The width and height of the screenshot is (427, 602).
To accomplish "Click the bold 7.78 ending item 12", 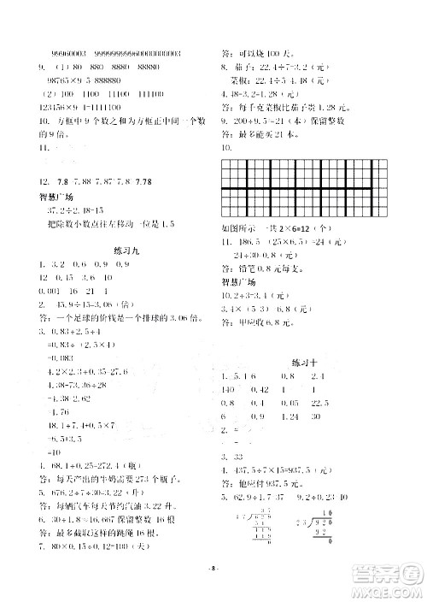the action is pyautogui.click(x=142, y=182).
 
